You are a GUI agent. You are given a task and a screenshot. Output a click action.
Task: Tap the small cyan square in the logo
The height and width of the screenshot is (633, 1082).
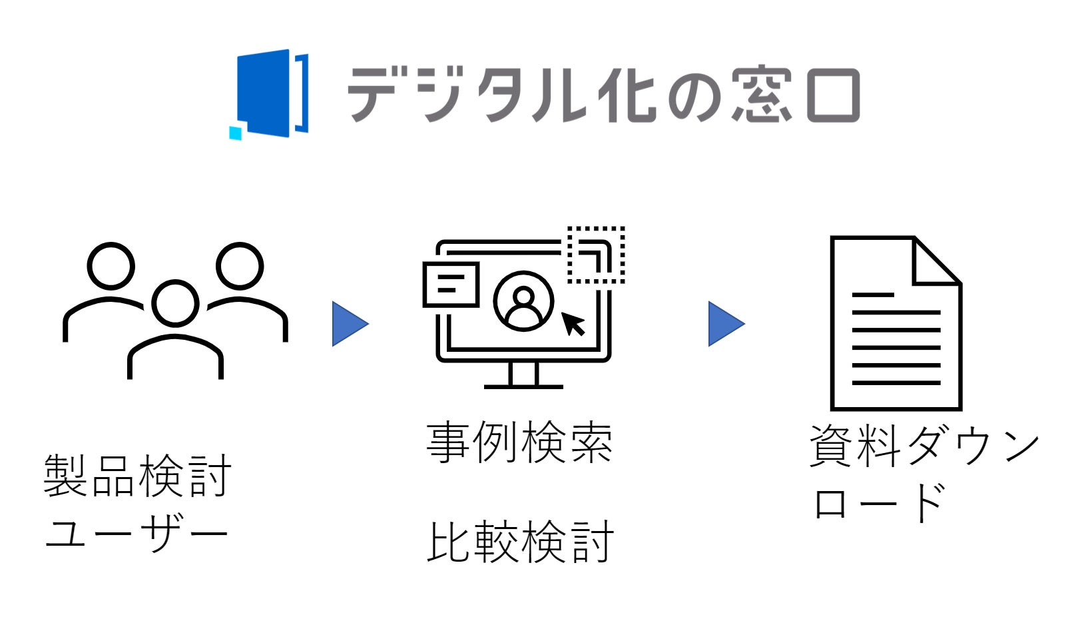[235, 133]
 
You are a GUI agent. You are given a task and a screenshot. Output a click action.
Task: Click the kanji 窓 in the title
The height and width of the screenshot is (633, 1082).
[762, 95]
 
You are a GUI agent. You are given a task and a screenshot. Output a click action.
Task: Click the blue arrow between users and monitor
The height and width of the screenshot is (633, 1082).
[349, 324]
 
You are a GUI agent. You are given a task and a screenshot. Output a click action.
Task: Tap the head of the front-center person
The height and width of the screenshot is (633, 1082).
[176, 303]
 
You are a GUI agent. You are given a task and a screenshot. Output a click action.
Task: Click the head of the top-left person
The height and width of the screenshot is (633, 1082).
[111, 266]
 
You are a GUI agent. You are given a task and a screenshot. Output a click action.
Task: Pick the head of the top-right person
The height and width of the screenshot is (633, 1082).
[240, 266]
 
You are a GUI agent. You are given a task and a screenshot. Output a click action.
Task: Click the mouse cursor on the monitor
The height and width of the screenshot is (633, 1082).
[573, 324]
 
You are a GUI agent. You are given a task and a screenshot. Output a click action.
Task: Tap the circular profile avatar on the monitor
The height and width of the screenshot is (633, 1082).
[524, 301]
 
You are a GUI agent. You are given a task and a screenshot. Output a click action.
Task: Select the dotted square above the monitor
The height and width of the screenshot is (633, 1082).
[596, 255]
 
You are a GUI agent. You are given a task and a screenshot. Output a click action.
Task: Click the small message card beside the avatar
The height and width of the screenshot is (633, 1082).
[451, 285]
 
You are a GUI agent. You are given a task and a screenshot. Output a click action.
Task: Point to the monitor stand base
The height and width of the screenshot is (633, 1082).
[523, 385]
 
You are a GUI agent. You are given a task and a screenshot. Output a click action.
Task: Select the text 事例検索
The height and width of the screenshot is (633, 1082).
[519, 442]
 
